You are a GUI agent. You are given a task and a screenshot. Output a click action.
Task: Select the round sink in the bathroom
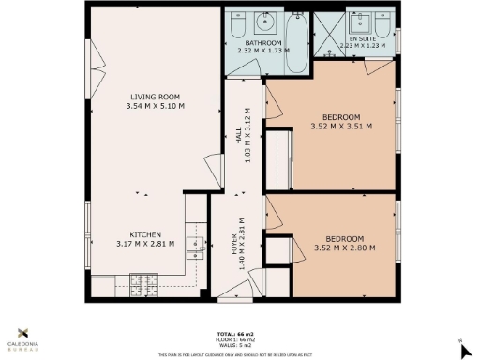pos(264,20)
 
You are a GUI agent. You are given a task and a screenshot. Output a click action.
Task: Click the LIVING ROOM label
pos(156,97)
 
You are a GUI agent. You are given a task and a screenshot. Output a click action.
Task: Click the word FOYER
pos(234,243)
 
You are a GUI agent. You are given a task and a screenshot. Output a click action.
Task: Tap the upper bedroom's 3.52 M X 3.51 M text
pos(341,127)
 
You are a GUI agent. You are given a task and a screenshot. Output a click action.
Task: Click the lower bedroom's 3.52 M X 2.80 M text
pos(344,247)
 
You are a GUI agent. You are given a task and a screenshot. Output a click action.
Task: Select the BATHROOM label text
pos(263,44)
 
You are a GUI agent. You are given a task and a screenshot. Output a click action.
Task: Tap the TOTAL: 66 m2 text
pos(239,333)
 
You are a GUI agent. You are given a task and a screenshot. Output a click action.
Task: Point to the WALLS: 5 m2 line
pos(239,345)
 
